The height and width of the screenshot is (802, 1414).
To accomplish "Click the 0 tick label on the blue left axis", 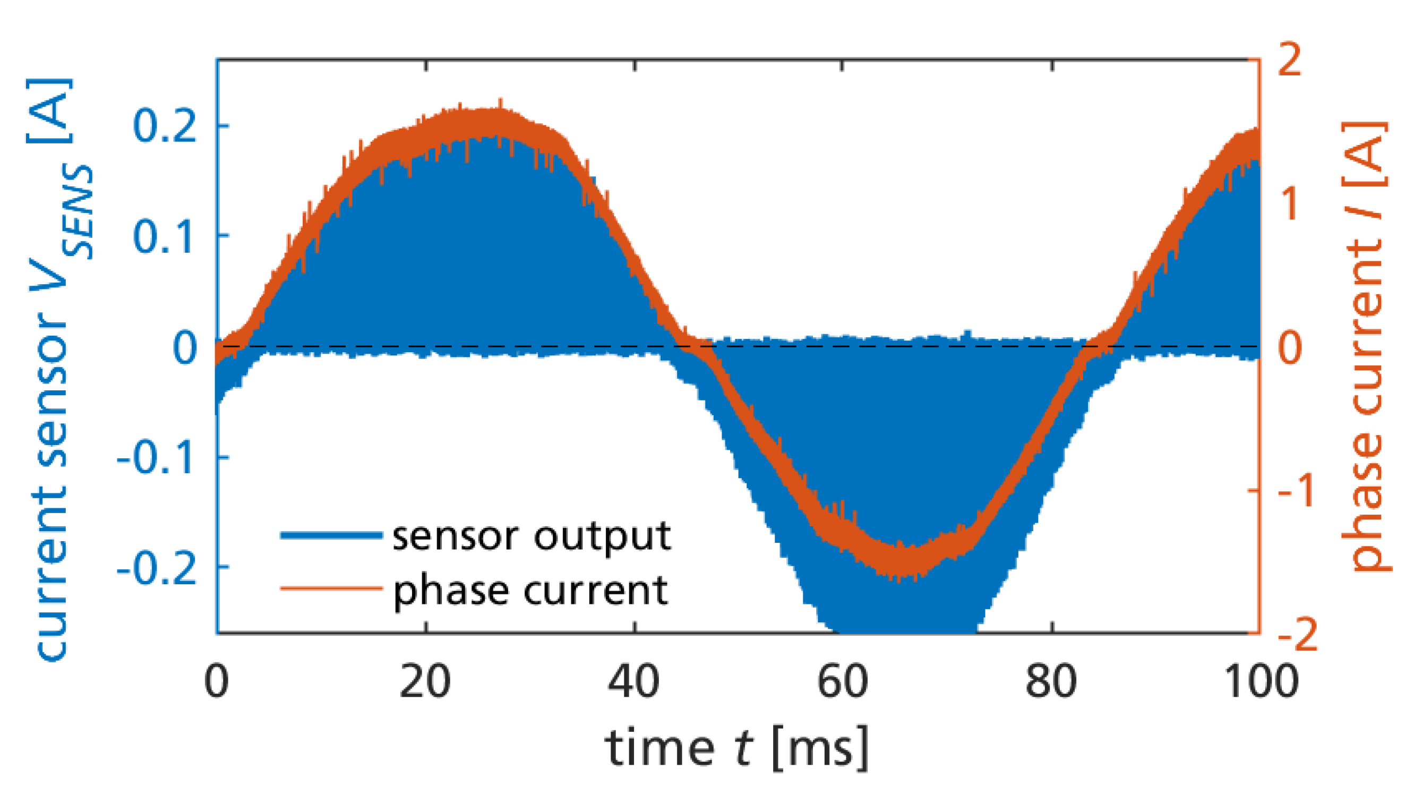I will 185,347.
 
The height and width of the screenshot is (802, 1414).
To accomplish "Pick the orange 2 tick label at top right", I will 1289,60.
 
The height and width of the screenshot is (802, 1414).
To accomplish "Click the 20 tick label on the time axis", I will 425,682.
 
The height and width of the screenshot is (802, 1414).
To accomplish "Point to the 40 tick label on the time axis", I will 634,682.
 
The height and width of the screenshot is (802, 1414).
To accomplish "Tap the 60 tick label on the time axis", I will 843,682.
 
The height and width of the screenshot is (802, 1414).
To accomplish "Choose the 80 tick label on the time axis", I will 1051,682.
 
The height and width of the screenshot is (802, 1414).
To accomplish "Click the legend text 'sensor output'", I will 532,536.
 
